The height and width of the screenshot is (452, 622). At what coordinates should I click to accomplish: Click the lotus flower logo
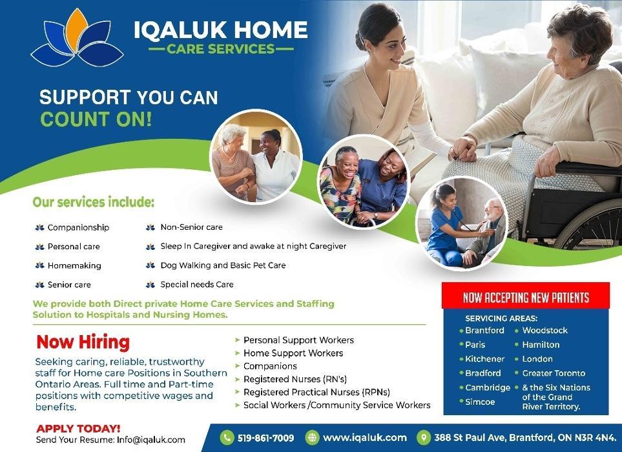pos(77,38)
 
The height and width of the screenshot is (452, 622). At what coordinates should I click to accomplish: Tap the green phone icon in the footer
pos(227,437)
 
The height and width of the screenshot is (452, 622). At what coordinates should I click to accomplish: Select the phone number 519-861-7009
pos(265,438)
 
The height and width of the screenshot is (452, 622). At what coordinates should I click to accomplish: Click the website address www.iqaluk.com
pos(365,438)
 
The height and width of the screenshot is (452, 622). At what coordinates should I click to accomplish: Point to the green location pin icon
pos(424,437)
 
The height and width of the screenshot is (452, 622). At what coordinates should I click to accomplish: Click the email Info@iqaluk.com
pos(150,440)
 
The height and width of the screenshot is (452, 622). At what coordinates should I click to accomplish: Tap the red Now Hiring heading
pos(83,342)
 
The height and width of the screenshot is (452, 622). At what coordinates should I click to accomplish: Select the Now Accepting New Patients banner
pos(526,296)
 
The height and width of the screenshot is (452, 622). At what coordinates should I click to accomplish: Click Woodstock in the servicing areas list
pos(544,330)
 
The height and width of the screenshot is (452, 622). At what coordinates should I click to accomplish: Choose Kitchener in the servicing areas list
pos(485,359)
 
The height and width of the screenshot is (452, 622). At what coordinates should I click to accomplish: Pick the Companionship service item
pos(78,227)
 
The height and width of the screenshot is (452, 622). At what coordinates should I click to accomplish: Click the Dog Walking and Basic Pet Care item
pos(223,265)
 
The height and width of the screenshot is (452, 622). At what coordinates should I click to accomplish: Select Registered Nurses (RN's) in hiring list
pos(295,379)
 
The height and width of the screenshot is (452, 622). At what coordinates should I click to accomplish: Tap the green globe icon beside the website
pos(313,437)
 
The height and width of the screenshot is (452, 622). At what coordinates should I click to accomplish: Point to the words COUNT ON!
pos(96,119)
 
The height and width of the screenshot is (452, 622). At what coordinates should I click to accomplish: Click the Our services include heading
pos(93,202)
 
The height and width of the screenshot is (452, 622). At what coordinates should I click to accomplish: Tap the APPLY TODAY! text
pos(78,429)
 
